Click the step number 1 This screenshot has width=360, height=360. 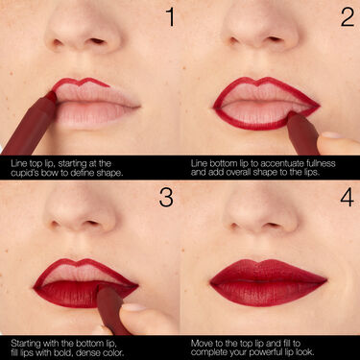[169, 17]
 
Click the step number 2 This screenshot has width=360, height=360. [347, 17]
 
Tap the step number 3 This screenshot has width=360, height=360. [168, 198]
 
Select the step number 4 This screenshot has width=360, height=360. [347, 198]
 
